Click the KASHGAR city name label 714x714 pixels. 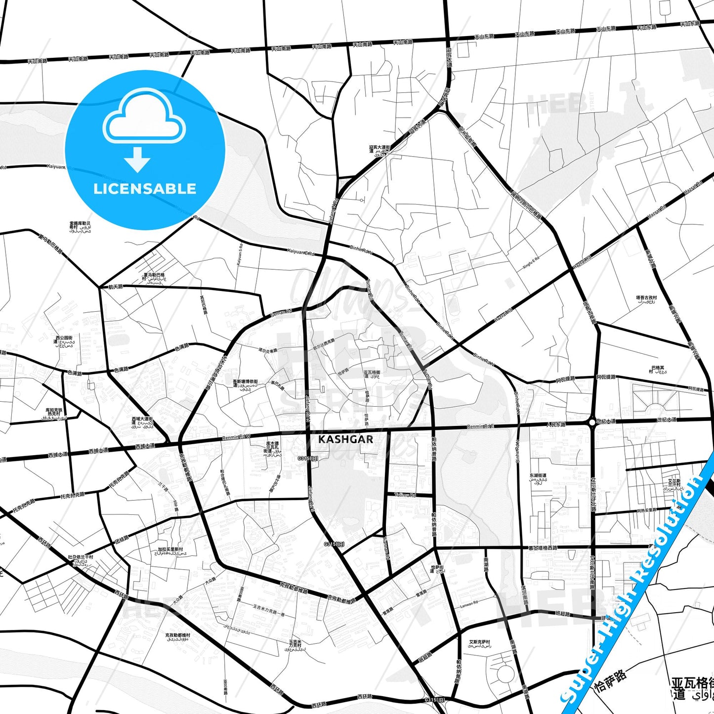pos(346,439)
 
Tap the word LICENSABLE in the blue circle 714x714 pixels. pos(145,189)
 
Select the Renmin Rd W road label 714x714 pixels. pos(237,437)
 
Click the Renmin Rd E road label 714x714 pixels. pos(480,426)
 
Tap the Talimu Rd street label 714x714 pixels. pos(405,495)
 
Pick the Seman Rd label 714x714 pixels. pos(282,313)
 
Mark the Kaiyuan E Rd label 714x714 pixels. pos(301,252)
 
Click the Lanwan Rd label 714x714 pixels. pos(469,604)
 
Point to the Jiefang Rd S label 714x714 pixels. pos(311,499)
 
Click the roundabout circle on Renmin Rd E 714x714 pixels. pos(592,422)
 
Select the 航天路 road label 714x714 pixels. pos(115,287)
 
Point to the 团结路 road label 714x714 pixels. pos(122,540)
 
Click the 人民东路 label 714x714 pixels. pos(556,424)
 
